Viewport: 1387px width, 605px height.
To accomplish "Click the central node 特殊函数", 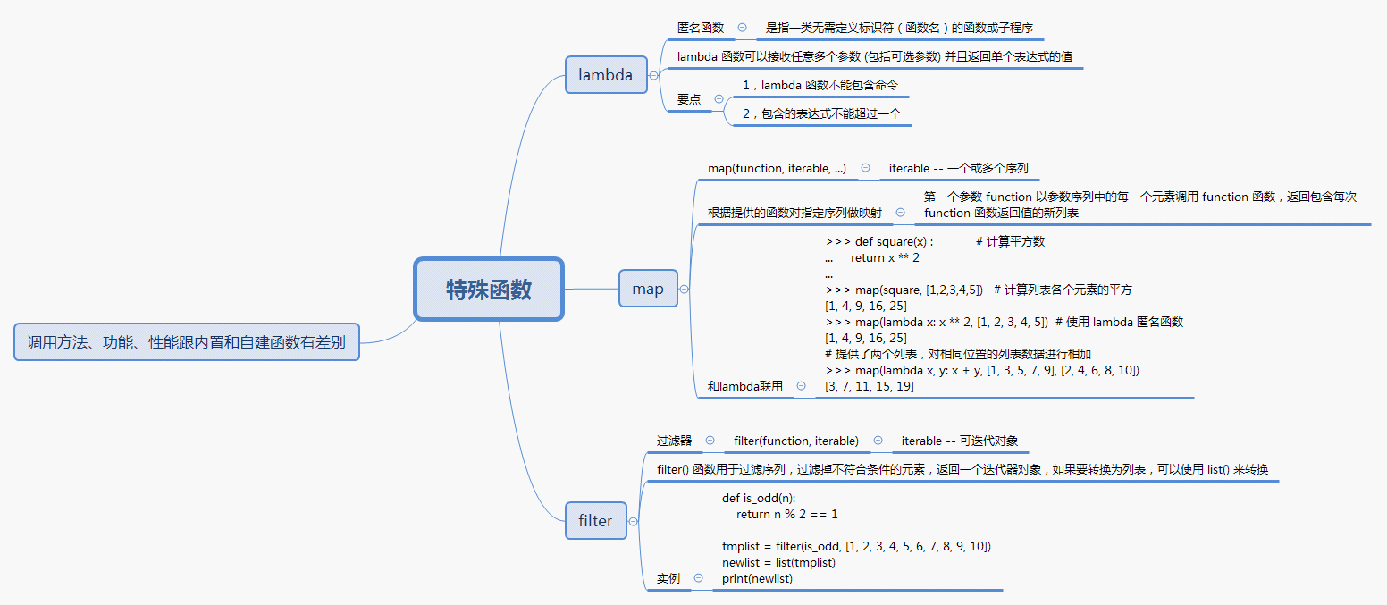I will click(x=489, y=289).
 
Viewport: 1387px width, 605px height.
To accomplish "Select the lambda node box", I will click(x=606, y=74).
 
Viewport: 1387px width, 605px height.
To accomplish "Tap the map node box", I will click(x=648, y=289).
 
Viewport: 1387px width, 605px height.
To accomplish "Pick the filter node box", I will click(x=595, y=521).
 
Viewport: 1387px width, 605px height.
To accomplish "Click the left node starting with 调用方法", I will click(x=186, y=341).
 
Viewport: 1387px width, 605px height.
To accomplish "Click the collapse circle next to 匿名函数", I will click(x=743, y=28).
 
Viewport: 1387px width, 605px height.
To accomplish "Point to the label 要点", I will click(x=689, y=99).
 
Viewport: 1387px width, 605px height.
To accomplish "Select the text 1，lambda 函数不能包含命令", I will click(x=820, y=85).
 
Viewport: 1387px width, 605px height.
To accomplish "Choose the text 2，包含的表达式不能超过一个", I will click(x=821, y=113).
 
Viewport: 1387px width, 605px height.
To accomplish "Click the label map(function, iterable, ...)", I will click(x=777, y=168).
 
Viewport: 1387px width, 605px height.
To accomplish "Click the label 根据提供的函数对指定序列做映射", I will click(x=794, y=213).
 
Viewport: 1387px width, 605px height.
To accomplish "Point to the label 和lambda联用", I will click(x=744, y=386).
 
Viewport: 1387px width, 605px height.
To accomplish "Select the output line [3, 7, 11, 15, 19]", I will click(x=870, y=386).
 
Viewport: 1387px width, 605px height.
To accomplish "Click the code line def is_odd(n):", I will click(x=759, y=498).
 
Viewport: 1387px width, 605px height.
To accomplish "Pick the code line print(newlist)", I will click(x=757, y=578).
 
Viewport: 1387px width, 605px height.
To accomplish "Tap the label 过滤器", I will click(x=674, y=441).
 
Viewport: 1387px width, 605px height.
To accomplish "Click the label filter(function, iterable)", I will click(x=796, y=441).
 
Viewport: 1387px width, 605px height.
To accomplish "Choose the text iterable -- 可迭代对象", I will click(x=959, y=441).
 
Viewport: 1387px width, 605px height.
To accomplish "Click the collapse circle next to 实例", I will click(x=698, y=578).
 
